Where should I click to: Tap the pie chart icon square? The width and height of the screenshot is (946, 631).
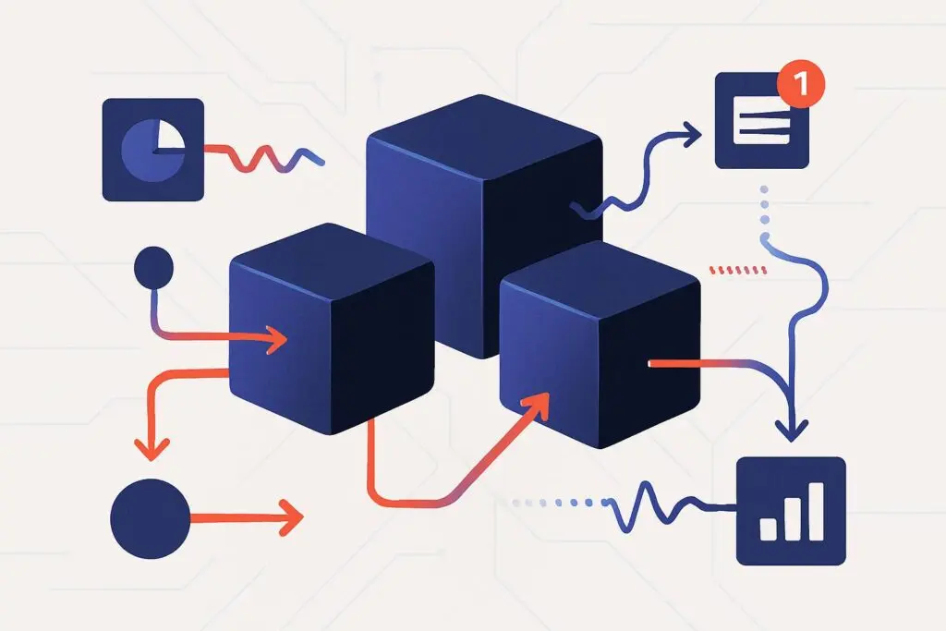coord(153,150)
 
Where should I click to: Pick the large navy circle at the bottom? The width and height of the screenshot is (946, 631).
coord(150,517)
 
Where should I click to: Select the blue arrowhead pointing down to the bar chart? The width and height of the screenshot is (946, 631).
coord(791,427)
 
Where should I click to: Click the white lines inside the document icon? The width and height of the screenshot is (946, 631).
coord(761,125)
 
